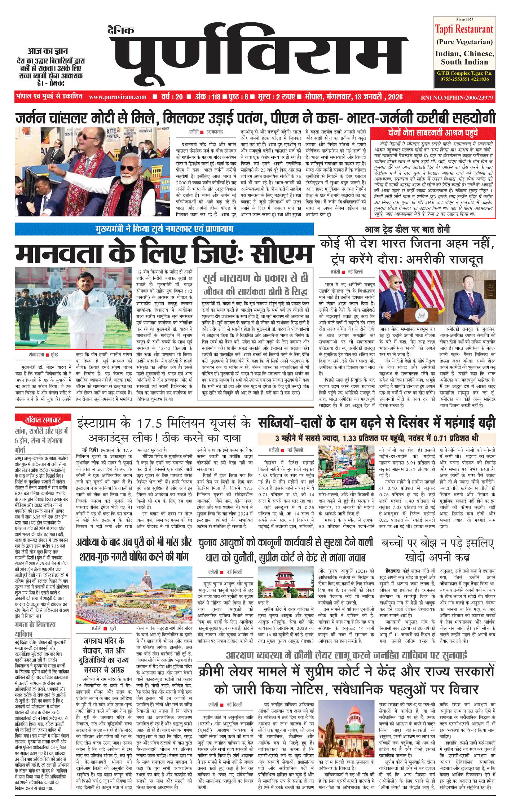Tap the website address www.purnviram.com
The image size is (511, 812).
point(118,97)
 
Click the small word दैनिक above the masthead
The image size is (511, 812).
point(121,30)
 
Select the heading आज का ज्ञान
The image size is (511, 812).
point(48,51)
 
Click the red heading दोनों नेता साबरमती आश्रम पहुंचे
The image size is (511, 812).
point(433,132)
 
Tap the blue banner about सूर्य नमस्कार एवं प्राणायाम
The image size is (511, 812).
point(164,229)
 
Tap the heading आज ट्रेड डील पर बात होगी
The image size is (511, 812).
point(407,229)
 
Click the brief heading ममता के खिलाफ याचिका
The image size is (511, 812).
point(35,629)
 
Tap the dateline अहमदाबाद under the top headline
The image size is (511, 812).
point(215,132)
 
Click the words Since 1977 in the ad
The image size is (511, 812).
point(464,20)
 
